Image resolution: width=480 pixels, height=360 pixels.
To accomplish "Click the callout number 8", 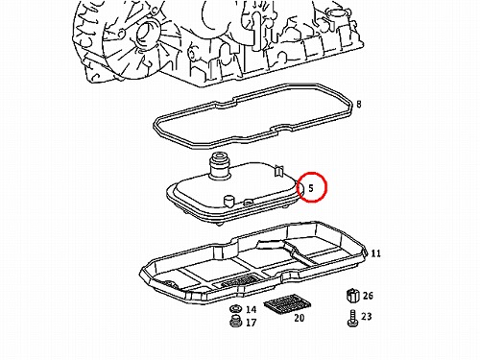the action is [x=359, y=105].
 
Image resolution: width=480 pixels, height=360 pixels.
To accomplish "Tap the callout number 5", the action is [x=311, y=188].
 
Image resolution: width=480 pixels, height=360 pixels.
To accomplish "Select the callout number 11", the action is [x=376, y=253].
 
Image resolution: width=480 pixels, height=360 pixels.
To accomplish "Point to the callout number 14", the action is [x=252, y=309].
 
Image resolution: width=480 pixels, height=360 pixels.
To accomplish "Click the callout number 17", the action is [x=252, y=323].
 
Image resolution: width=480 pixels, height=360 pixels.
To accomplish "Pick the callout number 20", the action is [x=300, y=318].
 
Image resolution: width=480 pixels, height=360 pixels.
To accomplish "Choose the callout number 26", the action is [x=368, y=296].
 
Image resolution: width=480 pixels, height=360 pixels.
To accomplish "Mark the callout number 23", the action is [x=367, y=317].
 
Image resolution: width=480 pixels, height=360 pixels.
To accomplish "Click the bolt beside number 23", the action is [x=352, y=318].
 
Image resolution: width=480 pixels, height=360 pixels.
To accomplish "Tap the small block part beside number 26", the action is [x=352, y=295].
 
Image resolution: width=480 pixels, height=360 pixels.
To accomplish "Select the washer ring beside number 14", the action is [x=236, y=309].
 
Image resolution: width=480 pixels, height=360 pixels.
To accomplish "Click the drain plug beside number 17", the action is [x=236, y=321].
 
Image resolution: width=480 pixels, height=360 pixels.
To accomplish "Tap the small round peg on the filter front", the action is [x=228, y=202].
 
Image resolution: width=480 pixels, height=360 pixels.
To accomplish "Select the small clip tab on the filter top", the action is [x=279, y=171].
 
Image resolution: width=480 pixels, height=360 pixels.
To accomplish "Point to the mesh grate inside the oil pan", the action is [x=239, y=280].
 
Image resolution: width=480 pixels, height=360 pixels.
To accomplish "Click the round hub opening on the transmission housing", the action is [x=147, y=35].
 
